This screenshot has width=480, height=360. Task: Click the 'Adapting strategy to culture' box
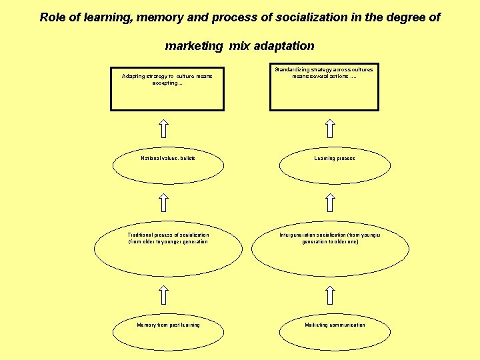click(x=167, y=88)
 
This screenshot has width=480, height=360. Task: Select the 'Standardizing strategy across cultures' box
click(x=324, y=87)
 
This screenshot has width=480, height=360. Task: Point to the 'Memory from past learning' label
click(x=168, y=325)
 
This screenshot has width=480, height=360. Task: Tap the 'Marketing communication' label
click(x=335, y=325)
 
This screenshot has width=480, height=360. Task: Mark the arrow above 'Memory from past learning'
click(x=164, y=296)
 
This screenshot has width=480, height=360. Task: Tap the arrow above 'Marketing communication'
click(x=329, y=296)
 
